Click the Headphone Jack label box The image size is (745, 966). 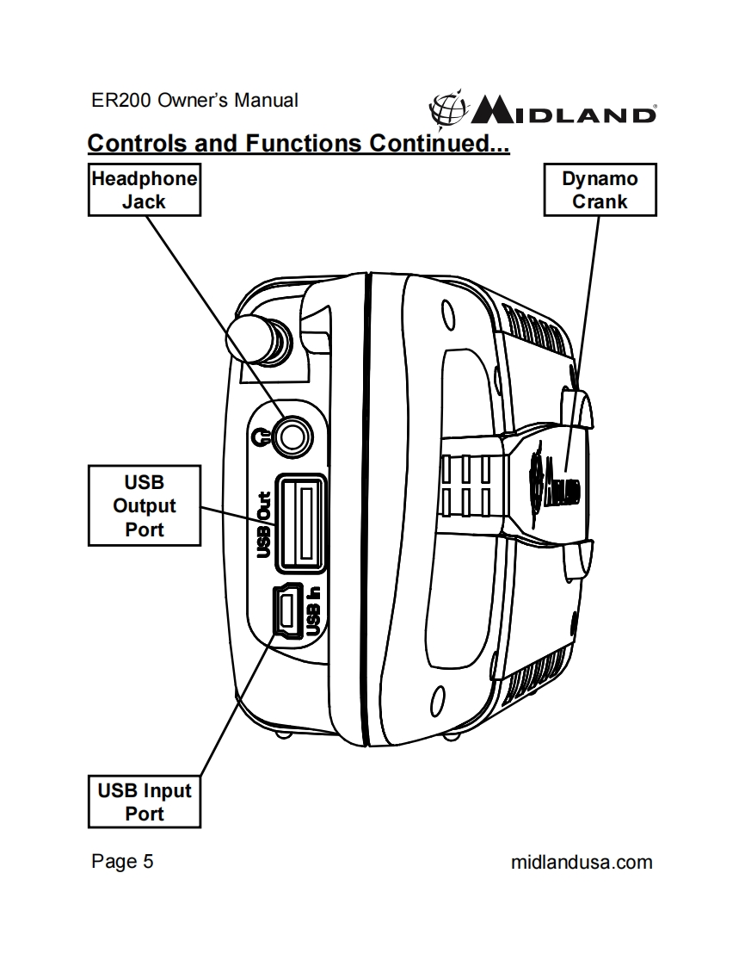pyautogui.click(x=145, y=190)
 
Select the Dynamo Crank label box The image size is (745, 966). pyautogui.click(x=600, y=190)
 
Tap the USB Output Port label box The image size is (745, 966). pyautogui.click(x=144, y=505)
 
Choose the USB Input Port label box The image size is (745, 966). pyautogui.click(x=144, y=802)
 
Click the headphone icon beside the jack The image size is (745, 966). pyautogui.click(x=262, y=437)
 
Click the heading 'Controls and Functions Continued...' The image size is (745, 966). pyautogui.click(x=299, y=143)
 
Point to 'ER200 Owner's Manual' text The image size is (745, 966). pyautogui.click(x=194, y=100)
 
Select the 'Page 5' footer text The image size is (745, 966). pyautogui.click(x=122, y=861)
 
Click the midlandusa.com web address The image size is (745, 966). pyautogui.click(x=582, y=861)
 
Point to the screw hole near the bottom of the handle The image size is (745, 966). pyautogui.click(x=436, y=695)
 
